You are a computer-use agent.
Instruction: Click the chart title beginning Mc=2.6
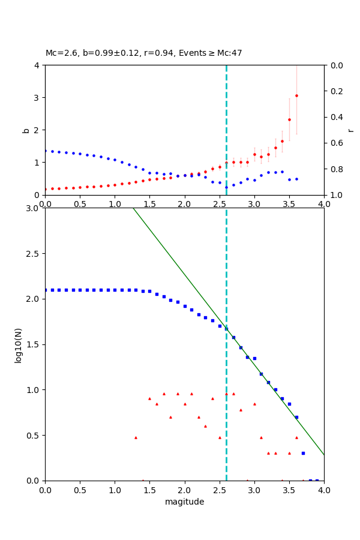tap(144, 53)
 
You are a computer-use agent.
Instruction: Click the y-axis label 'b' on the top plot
tap(26, 130)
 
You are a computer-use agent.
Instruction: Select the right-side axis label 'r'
tap(350, 130)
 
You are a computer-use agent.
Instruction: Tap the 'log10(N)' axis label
tap(18, 344)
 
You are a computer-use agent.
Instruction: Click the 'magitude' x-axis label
tap(184, 502)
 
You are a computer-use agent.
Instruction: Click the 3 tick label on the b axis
tap(38, 97)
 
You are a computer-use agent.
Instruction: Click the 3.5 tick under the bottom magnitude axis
tap(289, 490)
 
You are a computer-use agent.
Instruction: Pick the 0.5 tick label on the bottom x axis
tap(80, 490)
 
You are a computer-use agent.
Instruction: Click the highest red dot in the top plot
tap(296, 95)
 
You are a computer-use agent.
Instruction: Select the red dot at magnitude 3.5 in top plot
tap(289, 119)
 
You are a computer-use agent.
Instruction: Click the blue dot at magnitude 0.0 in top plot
tap(45, 151)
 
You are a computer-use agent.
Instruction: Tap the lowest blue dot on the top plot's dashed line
tap(226, 187)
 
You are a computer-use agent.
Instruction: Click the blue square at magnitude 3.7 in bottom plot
tap(303, 453)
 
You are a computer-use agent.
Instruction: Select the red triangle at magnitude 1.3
tap(136, 437)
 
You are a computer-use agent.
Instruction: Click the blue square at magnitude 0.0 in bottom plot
tap(45, 290)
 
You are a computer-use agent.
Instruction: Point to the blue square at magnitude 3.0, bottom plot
tap(254, 358)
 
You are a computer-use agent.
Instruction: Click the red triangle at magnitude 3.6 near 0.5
tap(296, 437)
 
